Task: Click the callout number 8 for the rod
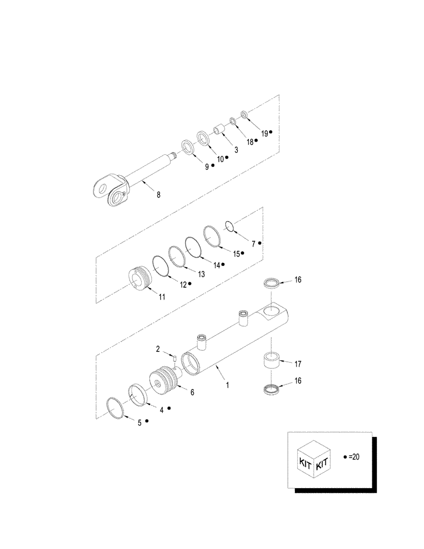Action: (x=159, y=194)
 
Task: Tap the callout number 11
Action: (x=163, y=297)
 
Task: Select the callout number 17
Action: (x=298, y=363)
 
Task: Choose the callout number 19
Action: (x=264, y=133)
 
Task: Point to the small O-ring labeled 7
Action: (x=231, y=226)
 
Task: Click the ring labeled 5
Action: (x=115, y=408)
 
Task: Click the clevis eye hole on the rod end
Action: (x=101, y=188)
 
